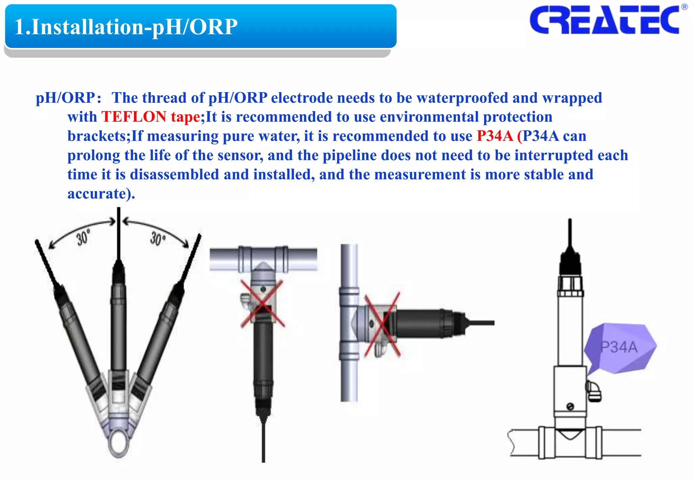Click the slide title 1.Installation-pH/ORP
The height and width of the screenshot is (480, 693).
126,27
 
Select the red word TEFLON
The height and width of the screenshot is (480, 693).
134,117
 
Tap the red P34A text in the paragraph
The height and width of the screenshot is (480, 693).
495,136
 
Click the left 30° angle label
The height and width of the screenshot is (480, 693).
83,237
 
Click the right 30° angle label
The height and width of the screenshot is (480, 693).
157,239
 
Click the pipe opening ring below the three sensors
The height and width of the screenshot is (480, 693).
119,441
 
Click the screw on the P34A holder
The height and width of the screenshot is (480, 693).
570,406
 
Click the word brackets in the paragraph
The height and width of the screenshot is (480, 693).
96,136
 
